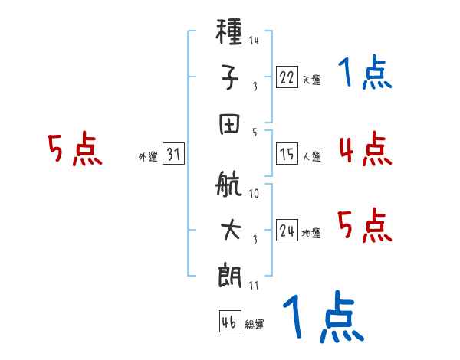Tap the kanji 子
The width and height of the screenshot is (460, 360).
pos(231,79)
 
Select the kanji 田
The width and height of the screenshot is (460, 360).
pos(231,123)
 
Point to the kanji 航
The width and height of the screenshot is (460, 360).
pos(231,187)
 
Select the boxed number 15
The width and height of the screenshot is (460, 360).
pos(287,154)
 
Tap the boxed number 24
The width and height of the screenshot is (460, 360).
pos(287,231)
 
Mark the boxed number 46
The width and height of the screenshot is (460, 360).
pos(229,322)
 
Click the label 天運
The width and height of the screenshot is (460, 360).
pos(311,79)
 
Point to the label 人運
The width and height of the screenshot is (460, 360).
pos(311,157)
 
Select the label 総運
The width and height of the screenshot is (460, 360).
pos(255,325)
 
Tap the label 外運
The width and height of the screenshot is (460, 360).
pos(147,157)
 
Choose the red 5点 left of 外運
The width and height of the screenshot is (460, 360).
pos(74,149)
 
